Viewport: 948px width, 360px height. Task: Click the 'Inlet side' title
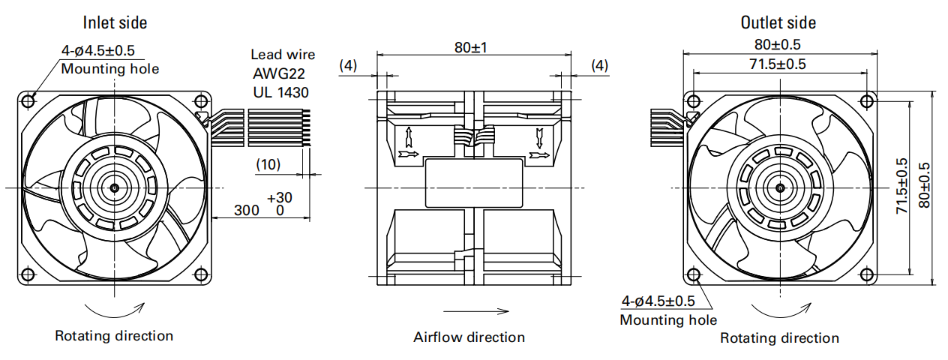click(x=115, y=22)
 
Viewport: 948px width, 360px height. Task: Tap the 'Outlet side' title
click(x=778, y=22)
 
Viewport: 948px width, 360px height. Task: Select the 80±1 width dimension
click(x=470, y=47)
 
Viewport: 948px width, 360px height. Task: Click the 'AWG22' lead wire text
click(x=278, y=73)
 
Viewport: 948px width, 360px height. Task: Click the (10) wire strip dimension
click(x=268, y=163)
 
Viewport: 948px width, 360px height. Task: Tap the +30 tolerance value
click(x=280, y=197)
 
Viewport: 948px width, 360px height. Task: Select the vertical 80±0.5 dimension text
click(x=923, y=187)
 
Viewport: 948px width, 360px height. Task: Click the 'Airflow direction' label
click(x=469, y=337)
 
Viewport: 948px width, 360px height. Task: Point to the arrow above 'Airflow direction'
click(x=475, y=310)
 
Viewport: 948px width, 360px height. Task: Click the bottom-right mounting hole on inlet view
click(x=200, y=275)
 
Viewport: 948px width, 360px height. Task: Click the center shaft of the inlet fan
click(x=115, y=187)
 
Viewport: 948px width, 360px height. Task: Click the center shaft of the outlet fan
click(x=779, y=187)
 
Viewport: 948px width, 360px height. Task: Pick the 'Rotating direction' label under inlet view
click(x=114, y=335)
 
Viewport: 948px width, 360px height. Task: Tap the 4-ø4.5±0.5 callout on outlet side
click(x=658, y=301)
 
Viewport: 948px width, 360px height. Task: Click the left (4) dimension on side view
click(x=348, y=65)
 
